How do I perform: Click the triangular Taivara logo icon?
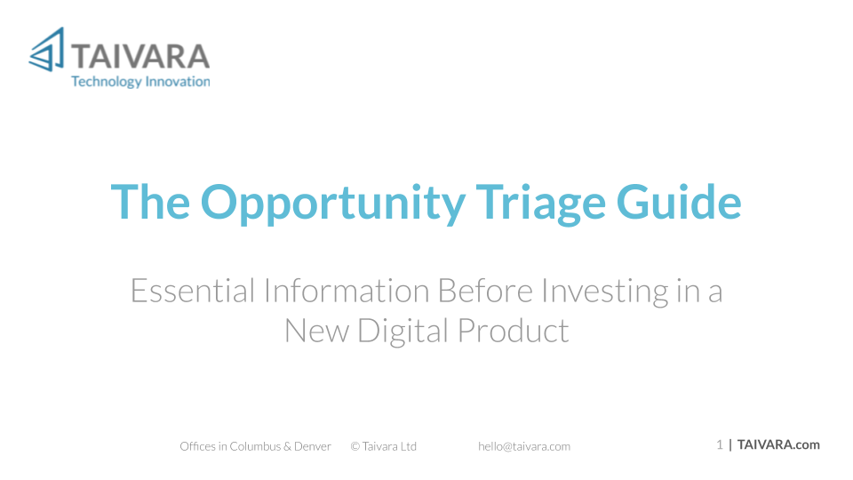[48, 50]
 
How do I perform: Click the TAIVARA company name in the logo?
[140, 57]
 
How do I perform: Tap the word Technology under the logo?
[107, 82]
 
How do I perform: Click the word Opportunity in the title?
[333, 204]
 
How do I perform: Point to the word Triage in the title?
[541, 204]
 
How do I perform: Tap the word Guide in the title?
[679, 202]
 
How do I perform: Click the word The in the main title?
[150, 202]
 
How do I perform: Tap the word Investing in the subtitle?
[605, 292]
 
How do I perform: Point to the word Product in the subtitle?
[513, 330]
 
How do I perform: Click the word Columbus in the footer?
[255, 446]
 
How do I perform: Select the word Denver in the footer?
[312, 446]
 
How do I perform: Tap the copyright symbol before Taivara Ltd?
[355, 447]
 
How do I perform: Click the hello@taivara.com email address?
[524, 447]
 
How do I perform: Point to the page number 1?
[720, 445]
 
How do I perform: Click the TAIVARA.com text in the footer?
[778, 445]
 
